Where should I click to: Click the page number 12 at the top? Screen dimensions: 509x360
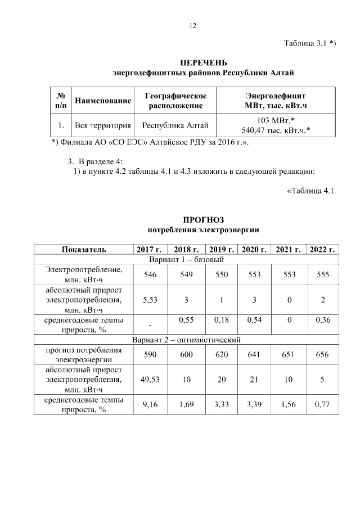click(x=192, y=26)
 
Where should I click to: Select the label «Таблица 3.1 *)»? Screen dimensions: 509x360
click(x=310, y=44)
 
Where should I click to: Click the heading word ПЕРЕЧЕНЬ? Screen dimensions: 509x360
click(x=203, y=62)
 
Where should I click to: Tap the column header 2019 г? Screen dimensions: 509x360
click(x=220, y=249)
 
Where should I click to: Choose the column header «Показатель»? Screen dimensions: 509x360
click(x=83, y=249)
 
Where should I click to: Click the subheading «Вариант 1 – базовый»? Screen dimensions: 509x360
click(x=186, y=260)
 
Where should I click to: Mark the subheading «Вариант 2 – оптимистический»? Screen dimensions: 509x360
click(x=186, y=340)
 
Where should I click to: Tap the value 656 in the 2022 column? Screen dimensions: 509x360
click(x=322, y=355)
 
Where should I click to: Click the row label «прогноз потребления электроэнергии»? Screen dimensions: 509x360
click(x=83, y=355)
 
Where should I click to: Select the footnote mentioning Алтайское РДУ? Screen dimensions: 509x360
click(x=150, y=142)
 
